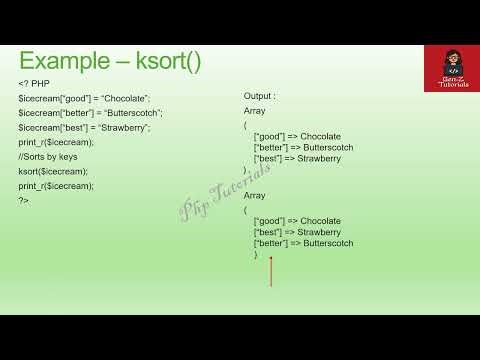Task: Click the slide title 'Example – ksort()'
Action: click(110, 61)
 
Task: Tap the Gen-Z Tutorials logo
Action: click(448, 68)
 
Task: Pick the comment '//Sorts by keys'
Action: click(47, 157)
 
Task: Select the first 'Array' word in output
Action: click(255, 112)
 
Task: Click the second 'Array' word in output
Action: click(255, 197)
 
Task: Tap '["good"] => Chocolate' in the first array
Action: click(297, 136)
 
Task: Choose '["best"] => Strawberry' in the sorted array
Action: click(297, 232)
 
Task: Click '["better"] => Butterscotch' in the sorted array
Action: click(303, 243)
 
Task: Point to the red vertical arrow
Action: click(270, 272)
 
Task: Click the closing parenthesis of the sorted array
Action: click(256, 255)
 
